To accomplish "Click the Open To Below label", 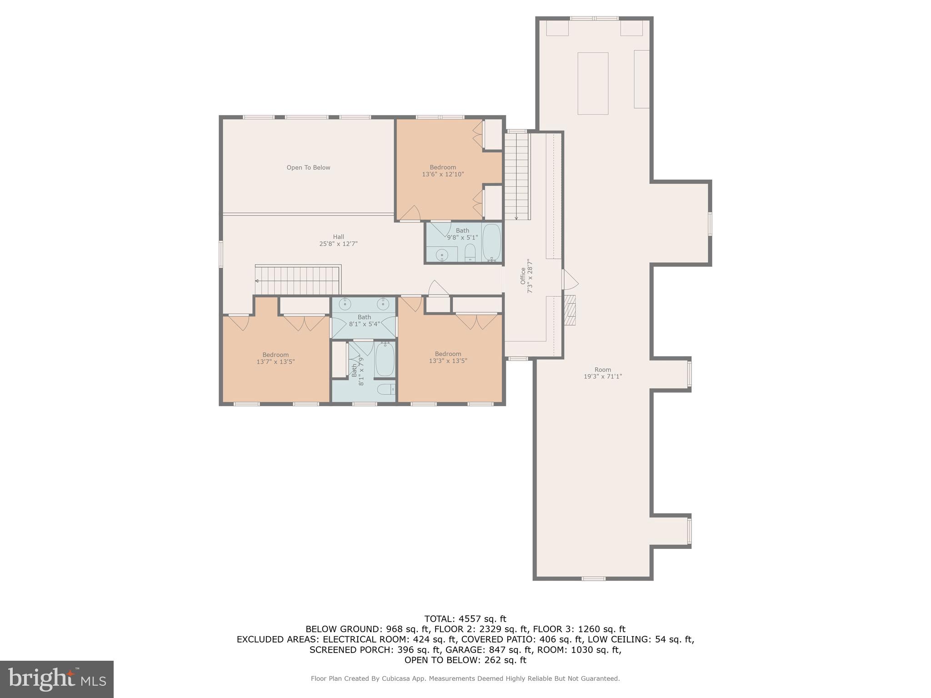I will [308, 168].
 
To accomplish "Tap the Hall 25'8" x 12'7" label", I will [338, 240].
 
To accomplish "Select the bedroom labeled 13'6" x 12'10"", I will [443, 171].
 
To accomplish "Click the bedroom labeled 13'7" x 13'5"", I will [275, 359].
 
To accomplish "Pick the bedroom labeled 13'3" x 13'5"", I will [448, 358].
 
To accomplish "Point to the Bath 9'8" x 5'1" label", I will [462, 234].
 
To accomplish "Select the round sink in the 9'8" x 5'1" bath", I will [442, 256].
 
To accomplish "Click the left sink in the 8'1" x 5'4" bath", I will [345, 304].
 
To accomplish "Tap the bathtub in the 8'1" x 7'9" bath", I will [385, 359].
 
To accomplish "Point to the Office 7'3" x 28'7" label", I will [526, 276].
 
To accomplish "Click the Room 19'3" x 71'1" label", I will [602, 373].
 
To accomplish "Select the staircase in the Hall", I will [298, 280].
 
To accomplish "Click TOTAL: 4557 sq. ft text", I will [465, 619].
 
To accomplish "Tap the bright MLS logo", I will [57, 679].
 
